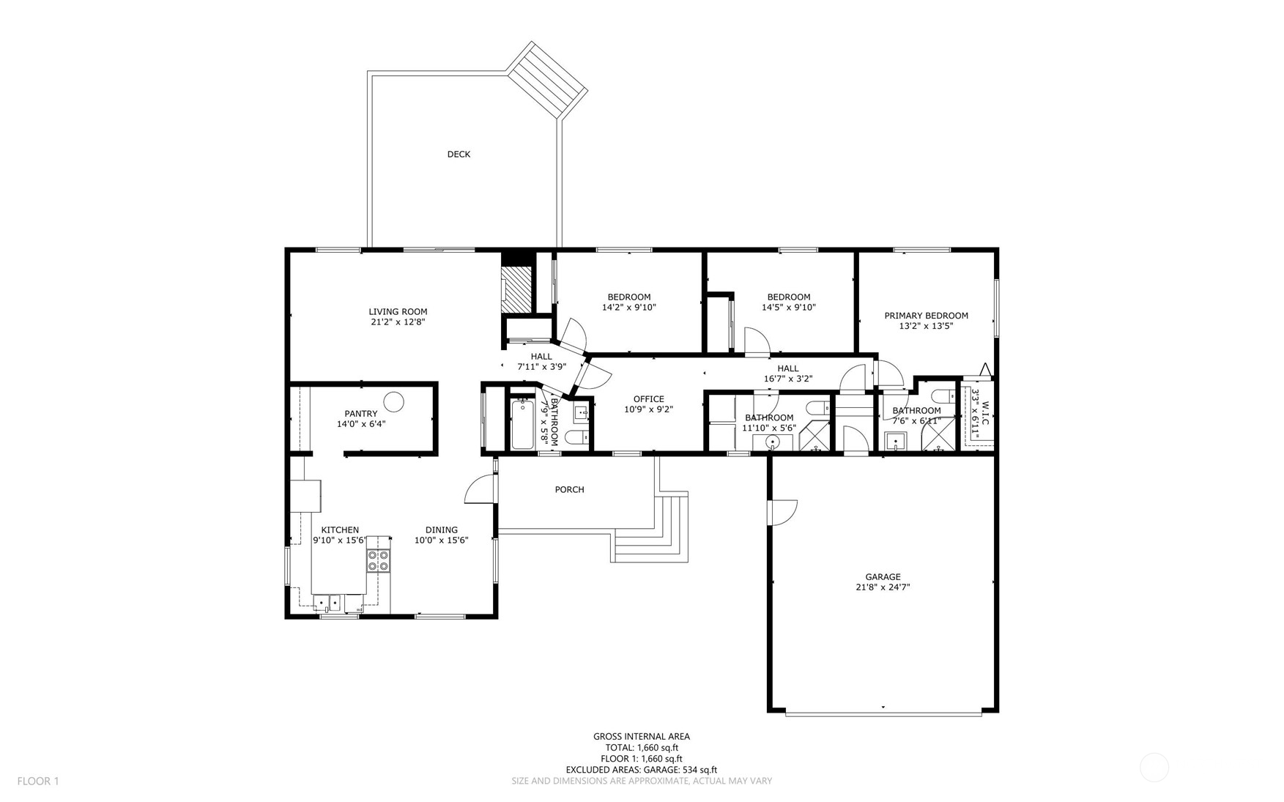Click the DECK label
click(459, 154)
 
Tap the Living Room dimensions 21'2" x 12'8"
click(398, 322)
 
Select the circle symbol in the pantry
click(394, 401)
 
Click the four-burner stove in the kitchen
click(378, 560)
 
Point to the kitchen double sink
click(327, 603)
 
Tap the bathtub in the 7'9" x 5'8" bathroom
click(523, 424)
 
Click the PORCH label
click(569, 489)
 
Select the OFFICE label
click(648, 399)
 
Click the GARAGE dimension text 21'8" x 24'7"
click(883, 587)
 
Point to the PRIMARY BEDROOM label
click(926, 316)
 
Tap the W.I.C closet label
click(985, 413)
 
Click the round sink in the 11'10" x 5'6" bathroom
click(773, 442)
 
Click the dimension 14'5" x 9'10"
click(788, 308)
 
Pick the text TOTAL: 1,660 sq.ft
click(641, 748)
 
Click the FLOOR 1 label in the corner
click(38, 781)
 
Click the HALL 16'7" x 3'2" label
click(788, 374)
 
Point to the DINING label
click(441, 530)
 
